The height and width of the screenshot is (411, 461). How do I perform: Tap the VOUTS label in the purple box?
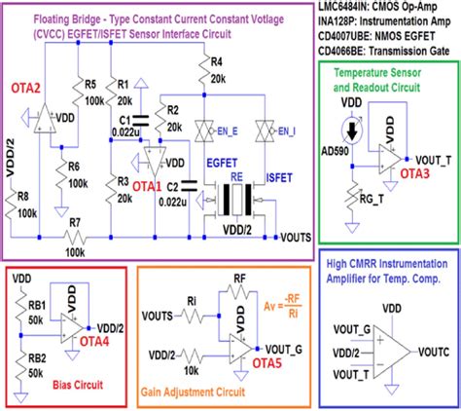[298, 237]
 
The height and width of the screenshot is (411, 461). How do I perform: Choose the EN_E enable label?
[228, 128]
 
